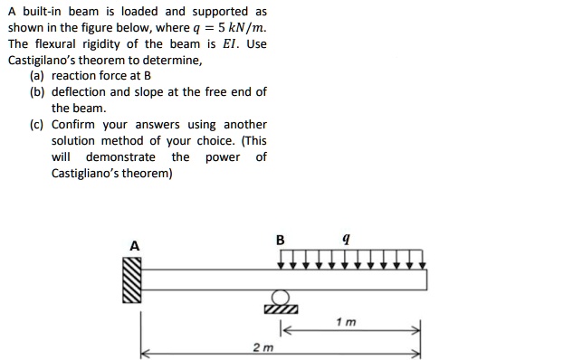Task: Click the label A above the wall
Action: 135,245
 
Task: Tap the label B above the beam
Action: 280,240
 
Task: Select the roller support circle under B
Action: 281,298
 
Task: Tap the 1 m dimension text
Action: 345,322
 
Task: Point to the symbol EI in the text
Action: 234,43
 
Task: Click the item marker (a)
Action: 37,76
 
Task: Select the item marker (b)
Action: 37,92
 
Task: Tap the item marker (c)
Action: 37,124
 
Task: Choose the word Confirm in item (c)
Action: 72,124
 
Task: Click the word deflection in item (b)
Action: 80,92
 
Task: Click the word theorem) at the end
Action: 147,173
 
